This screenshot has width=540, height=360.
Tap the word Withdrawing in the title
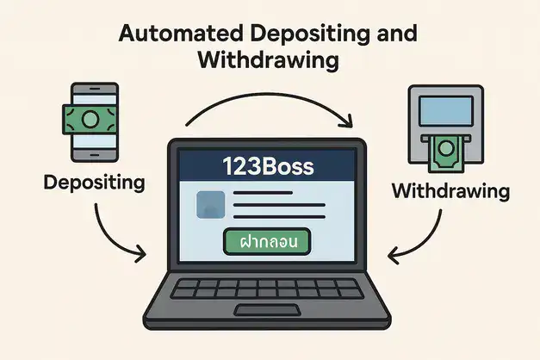[269, 62]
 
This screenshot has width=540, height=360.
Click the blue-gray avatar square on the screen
[211, 205]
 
